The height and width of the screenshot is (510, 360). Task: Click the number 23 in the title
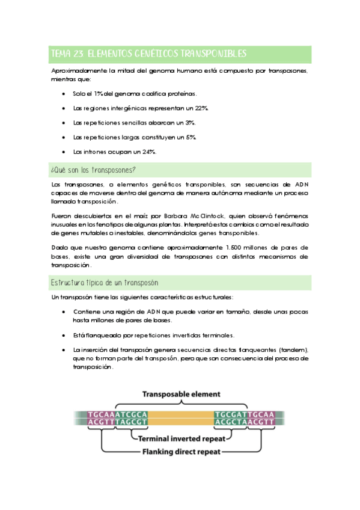click(77, 54)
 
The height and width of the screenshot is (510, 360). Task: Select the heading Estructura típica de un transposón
click(105, 281)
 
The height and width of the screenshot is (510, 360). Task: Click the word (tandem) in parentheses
click(294, 350)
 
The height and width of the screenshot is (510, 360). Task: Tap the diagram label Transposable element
click(180, 395)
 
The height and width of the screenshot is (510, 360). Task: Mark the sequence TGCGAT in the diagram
click(231, 414)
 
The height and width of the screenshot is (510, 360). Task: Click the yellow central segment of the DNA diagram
click(180, 419)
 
